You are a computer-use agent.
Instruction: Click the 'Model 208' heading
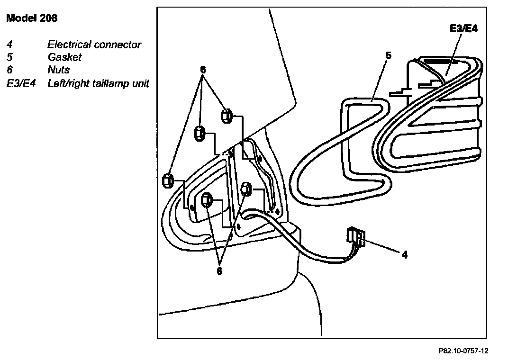pos(32,19)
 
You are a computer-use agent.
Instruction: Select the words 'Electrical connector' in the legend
pos(94,45)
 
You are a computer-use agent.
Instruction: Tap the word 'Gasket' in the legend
pos(64,57)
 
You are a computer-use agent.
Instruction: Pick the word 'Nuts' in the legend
pos(59,70)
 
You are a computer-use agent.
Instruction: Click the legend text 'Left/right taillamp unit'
pos(99,83)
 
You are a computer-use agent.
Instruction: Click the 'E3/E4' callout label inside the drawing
pos(463,29)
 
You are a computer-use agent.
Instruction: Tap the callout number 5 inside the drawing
pos(388,55)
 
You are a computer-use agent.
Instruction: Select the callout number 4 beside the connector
pos(404,254)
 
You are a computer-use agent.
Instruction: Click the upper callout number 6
pos(203,70)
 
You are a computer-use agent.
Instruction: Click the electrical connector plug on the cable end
pos(355,235)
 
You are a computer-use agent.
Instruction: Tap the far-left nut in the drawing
pos(167,180)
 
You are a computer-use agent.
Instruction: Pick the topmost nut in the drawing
pos(227,115)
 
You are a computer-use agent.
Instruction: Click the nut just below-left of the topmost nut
pos(200,134)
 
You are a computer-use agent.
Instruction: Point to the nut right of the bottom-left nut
pos(245,189)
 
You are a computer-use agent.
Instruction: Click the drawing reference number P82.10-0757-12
pos(463,351)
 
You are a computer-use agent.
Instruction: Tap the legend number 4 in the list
pos(9,45)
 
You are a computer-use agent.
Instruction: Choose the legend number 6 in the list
pos(9,70)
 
